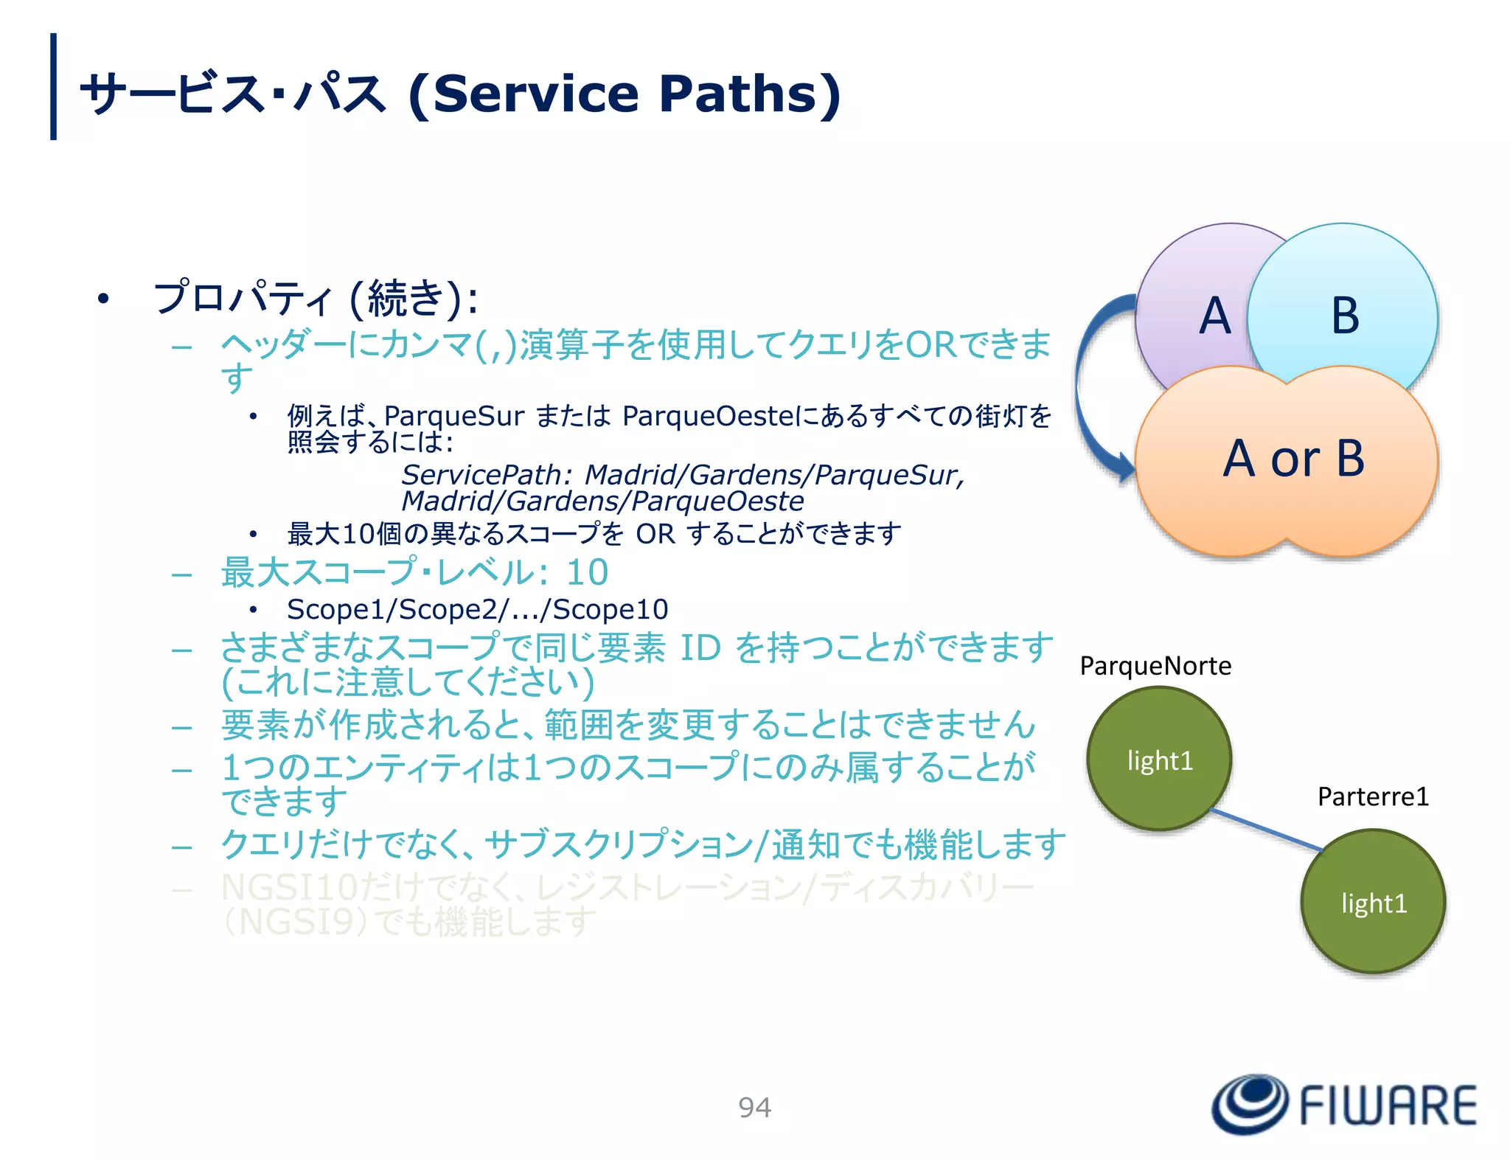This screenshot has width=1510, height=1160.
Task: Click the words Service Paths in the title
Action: click(624, 94)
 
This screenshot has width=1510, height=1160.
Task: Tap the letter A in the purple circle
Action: click(1214, 316)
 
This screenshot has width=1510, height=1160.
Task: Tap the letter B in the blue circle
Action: click(1345, 316)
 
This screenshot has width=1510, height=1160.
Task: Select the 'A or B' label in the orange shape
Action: click(1294, 459)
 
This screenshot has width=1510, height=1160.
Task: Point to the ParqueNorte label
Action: click(1155, 666)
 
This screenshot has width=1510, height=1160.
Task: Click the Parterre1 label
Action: click(1373, 796)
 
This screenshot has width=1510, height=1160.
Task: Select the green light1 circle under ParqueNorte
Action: click(1160, 760)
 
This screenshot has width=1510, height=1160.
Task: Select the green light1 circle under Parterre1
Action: click(1373, 903)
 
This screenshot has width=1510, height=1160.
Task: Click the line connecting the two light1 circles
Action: click(1267, 830)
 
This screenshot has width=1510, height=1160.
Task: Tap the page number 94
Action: click(754, 1108)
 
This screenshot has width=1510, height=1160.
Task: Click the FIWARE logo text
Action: click(1388, 1106)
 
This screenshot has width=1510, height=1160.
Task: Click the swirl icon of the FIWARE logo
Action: click(1250, 1104)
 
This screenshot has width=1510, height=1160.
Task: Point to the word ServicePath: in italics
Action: click(487, 475)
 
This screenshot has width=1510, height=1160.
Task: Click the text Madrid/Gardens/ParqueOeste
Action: click(602, 501)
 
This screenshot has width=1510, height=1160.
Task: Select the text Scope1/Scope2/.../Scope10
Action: click(477, 610)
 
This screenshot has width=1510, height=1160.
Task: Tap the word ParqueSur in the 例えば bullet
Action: click(454, 417)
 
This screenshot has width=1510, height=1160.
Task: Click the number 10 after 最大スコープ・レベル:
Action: click(588, 572)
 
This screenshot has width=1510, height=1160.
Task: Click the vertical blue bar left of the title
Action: click(53, 86)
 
